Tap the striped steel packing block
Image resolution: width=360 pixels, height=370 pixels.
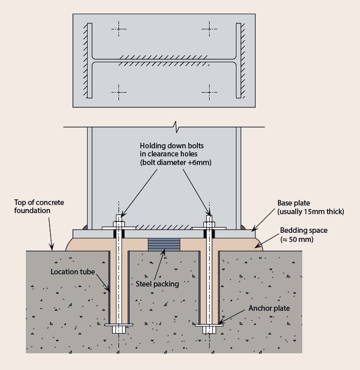tap(164, 244)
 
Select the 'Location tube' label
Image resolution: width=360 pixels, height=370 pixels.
tap(72, 271)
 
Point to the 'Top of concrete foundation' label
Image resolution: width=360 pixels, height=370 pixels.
tap(39, 207)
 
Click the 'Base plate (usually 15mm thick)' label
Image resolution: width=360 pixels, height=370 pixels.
tap(309, 207)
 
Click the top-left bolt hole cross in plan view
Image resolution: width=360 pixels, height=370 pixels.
tap(118, 28)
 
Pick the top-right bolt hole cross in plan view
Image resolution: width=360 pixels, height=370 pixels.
tap(209, 28)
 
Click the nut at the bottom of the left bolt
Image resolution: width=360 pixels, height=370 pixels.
tap(118, 330)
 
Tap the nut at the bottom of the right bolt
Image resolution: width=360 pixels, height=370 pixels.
tap(209, 330)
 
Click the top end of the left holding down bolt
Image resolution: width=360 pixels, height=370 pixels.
tap(118, 218)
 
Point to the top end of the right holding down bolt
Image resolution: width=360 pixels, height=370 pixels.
tap(209, 218)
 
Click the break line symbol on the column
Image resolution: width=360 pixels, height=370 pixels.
tap(176, 125)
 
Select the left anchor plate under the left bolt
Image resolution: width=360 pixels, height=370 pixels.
tap(118, 325)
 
